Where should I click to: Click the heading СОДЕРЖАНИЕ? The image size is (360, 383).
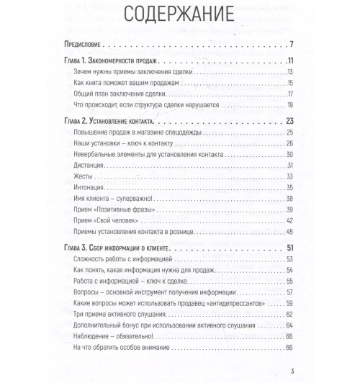pos(180,15)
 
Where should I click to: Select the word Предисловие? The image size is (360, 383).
pos(85,45)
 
